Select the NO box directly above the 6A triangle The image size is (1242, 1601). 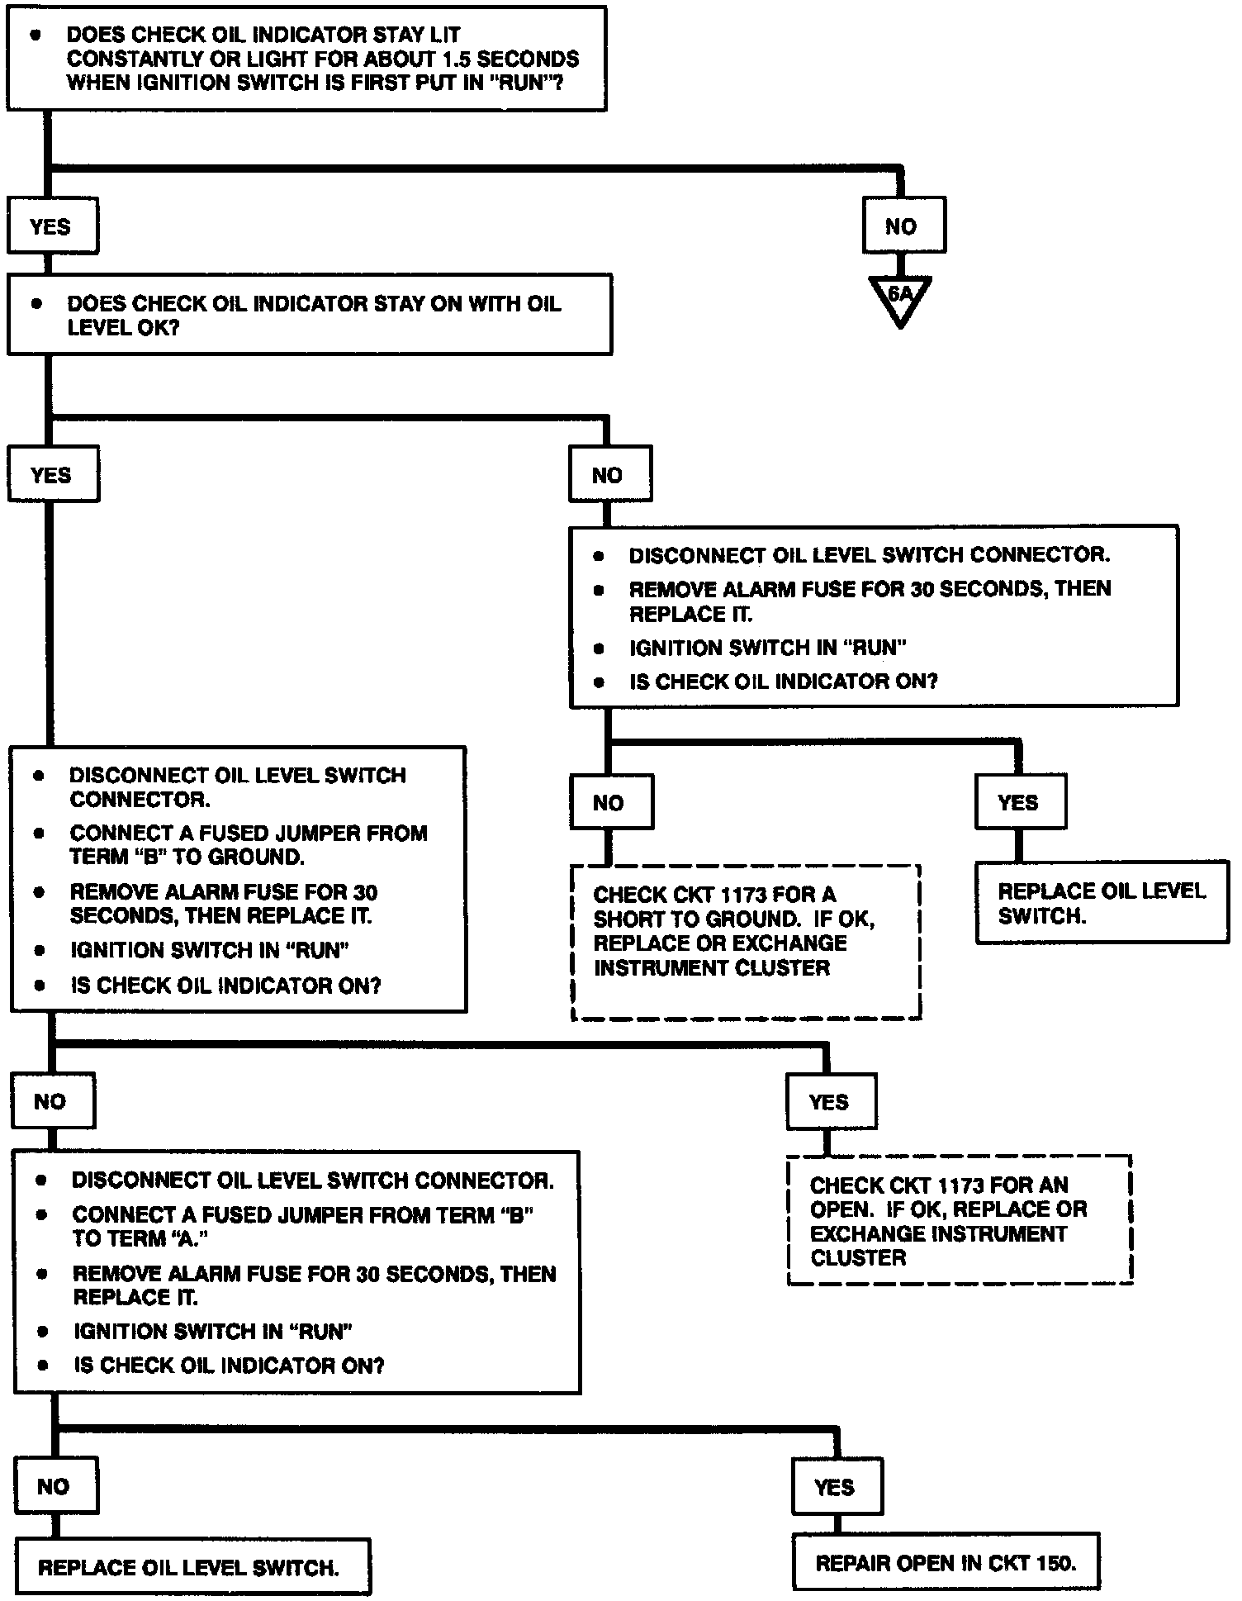903,226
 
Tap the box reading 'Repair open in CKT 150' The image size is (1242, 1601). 946,1561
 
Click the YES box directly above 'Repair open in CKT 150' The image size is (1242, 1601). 836,1487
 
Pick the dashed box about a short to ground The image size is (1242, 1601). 746,942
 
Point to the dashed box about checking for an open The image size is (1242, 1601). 959,1219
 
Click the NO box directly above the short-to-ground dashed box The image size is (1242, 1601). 610,802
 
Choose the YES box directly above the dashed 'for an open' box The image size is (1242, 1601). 830,1101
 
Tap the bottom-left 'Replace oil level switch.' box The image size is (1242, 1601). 192,1566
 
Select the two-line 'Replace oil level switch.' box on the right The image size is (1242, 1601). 1102,902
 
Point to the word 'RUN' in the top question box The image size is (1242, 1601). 521,83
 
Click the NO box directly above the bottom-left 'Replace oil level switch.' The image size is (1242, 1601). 55,1486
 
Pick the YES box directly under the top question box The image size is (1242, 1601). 51,226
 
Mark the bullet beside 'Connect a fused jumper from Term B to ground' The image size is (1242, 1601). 39,833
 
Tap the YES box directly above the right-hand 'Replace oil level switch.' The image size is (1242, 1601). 1019,802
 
